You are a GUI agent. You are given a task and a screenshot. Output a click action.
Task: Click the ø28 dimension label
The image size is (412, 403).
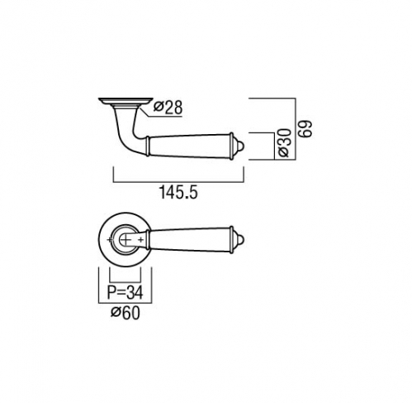click(x=168, y=108)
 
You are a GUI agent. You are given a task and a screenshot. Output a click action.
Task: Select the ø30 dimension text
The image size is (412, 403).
click(x=284, y=142)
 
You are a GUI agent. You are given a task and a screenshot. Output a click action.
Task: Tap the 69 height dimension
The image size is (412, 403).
click(x=306, y=128)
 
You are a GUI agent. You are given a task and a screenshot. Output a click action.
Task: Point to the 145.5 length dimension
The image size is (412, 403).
click(x=178, y=192)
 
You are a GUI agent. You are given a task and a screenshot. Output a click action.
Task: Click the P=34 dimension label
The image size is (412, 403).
click(x=125, y=292)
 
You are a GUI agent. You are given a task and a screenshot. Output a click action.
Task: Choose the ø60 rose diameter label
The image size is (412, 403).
click(x=125, y=313)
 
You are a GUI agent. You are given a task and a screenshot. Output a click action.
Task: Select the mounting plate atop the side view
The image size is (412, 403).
click(x=125, y=101)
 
